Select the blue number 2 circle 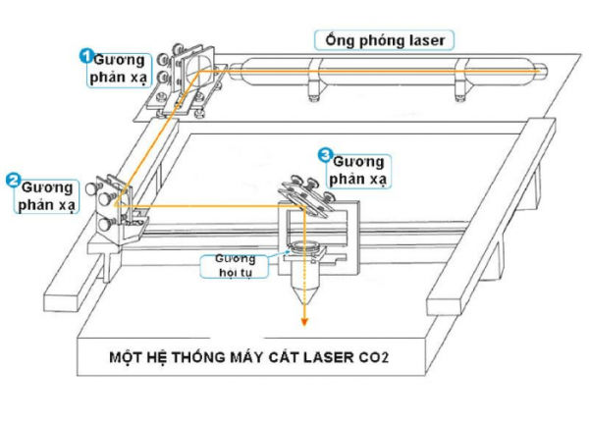click(x=13, y=180)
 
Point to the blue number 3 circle click(x=326, y=154)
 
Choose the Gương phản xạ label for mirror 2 click(x=48, y=194)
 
